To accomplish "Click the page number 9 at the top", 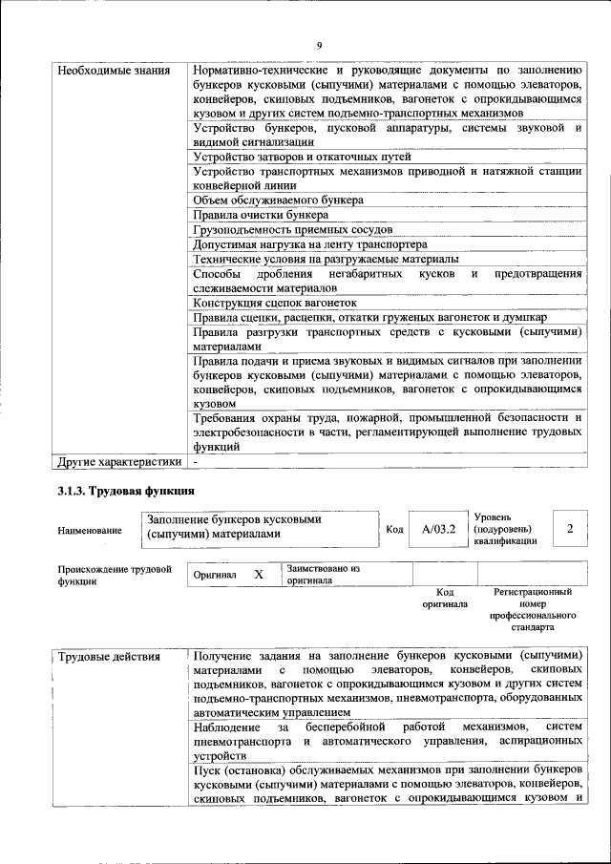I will coord(320,45).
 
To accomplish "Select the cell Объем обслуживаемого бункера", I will coord(278,200).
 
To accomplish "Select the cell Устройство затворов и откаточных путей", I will coord(302,157).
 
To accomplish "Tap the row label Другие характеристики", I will coord(118,462).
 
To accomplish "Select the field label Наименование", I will coord(90,530).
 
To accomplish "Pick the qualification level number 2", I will coord(569,528).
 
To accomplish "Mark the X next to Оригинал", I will coord(258,576).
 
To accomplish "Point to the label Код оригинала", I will coord(445,598).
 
